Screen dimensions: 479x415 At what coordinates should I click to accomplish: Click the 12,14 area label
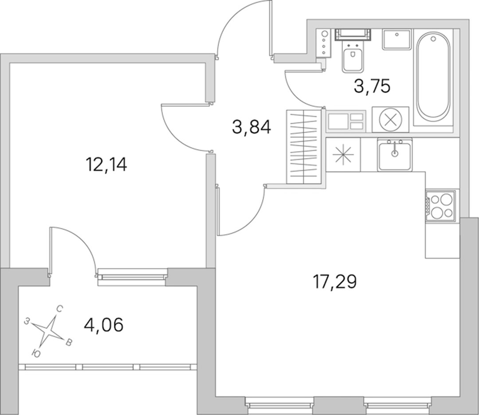106,165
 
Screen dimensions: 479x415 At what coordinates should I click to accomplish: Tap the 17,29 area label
334,282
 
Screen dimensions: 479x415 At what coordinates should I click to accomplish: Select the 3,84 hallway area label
251,127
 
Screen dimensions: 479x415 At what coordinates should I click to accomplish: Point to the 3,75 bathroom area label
372,86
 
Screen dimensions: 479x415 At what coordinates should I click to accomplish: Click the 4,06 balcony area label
103,325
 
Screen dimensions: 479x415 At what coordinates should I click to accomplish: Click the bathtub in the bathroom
433,77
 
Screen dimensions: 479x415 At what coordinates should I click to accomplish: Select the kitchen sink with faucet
395,154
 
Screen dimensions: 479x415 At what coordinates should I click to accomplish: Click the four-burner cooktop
440,205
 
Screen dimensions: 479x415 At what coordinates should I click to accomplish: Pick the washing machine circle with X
390,119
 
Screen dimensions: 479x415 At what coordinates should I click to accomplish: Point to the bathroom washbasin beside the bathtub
397,39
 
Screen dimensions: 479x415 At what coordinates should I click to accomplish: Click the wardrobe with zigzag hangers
304,147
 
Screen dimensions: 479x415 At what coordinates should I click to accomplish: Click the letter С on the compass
60,309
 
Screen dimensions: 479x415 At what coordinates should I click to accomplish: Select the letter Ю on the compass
36,354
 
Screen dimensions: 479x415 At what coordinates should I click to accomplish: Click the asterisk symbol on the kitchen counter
343,154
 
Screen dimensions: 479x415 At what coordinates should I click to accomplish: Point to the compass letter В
69,342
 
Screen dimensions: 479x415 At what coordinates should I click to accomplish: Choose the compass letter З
27,321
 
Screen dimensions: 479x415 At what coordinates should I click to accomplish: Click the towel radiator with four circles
324,43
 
